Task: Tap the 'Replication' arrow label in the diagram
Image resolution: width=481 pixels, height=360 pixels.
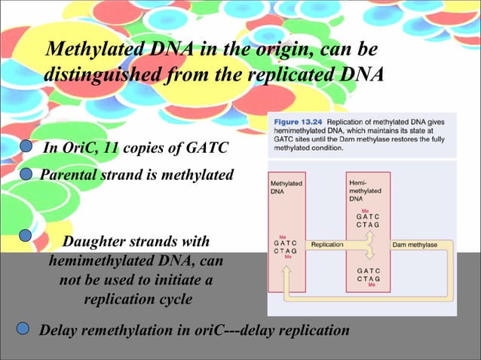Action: tap(327, 245)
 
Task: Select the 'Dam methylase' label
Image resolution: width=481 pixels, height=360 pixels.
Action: tap(414, 245)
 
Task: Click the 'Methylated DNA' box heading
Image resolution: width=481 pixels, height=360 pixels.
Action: tap(286, 188)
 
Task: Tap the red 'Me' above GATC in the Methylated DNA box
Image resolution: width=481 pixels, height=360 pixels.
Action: tap(283, 236)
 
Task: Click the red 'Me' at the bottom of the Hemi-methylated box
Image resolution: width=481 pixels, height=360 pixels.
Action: tap(369, 286)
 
